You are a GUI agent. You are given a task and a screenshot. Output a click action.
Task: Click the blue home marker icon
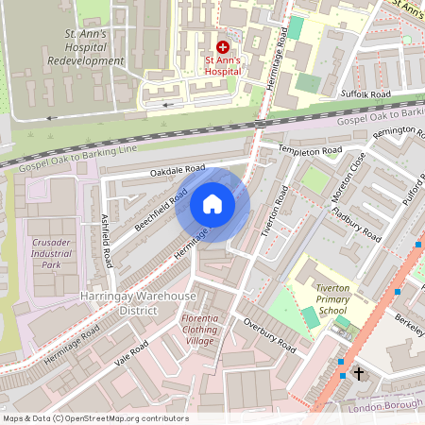tap(212, 204)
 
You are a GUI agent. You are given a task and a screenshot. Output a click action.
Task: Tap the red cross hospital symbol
tap(223, 45)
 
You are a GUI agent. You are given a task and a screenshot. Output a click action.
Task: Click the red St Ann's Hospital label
tap(222, 68)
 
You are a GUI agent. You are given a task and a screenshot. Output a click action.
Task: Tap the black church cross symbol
tap(358, 375)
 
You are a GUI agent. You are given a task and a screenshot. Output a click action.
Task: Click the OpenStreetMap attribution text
tap(94, 417)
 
